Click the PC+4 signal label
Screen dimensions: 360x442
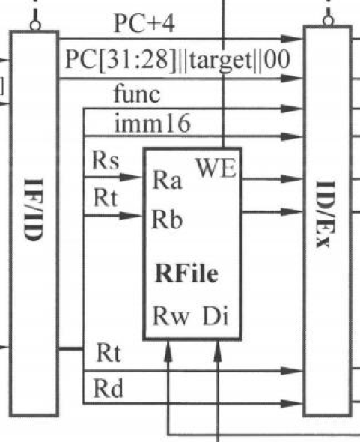click(x=144, y=24)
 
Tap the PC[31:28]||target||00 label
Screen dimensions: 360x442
click(x=177, y=60)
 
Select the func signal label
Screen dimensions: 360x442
click(x=137, y=94)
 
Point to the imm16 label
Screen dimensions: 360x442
click(x=153, y=123)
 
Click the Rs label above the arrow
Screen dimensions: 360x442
click(x=106, y=160)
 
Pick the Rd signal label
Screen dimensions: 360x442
click(x=109, y=388)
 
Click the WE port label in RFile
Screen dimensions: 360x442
click(x=216, y=168)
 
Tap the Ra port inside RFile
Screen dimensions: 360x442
click(x=168, y=180)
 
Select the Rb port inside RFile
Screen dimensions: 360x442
click(x=168, y=219)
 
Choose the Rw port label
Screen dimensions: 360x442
click(x=171, y=316)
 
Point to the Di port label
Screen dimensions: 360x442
click(x=216, y=315)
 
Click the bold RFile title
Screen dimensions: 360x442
click(x=187, y=273)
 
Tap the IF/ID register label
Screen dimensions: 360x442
click(x=34, y=210)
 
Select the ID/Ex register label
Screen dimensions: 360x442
click(x=326, y=214)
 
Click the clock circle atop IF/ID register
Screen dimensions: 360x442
click(x=35, y=26)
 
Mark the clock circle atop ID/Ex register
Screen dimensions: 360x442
click(x=328, y=21)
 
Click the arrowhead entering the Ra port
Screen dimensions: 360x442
click(x=131, y=177)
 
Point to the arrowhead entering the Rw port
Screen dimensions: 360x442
click(x=168, y=351)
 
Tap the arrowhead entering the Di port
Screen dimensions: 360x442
click(x=218, y=351)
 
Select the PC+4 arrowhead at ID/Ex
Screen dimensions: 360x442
click(x=292, y=39)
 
